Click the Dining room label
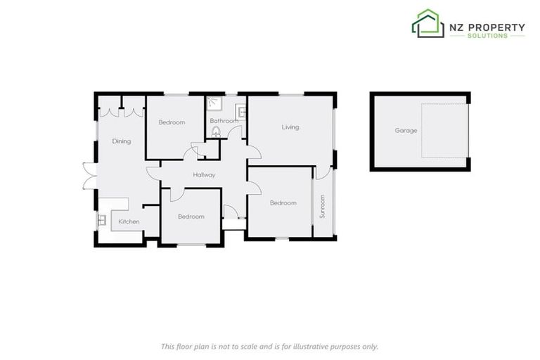tap(122, 141)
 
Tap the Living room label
tap(290, 127)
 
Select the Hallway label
tap(204, 175)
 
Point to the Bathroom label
tap(224, 121)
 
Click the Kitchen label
tap(129, 222)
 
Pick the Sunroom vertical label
tap(323, 207)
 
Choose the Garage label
tap(406, 131)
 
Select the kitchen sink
tap(101, 221)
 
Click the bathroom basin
tap(241, 111)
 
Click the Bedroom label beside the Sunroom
tap(283, 203)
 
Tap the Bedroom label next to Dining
tap(172, 122)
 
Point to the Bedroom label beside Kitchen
tap(191, 217)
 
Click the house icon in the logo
tap(427, 24)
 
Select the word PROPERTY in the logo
tap(497, 27)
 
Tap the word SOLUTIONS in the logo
tap(487, 36)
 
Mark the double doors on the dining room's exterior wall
tap(87, 176)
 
